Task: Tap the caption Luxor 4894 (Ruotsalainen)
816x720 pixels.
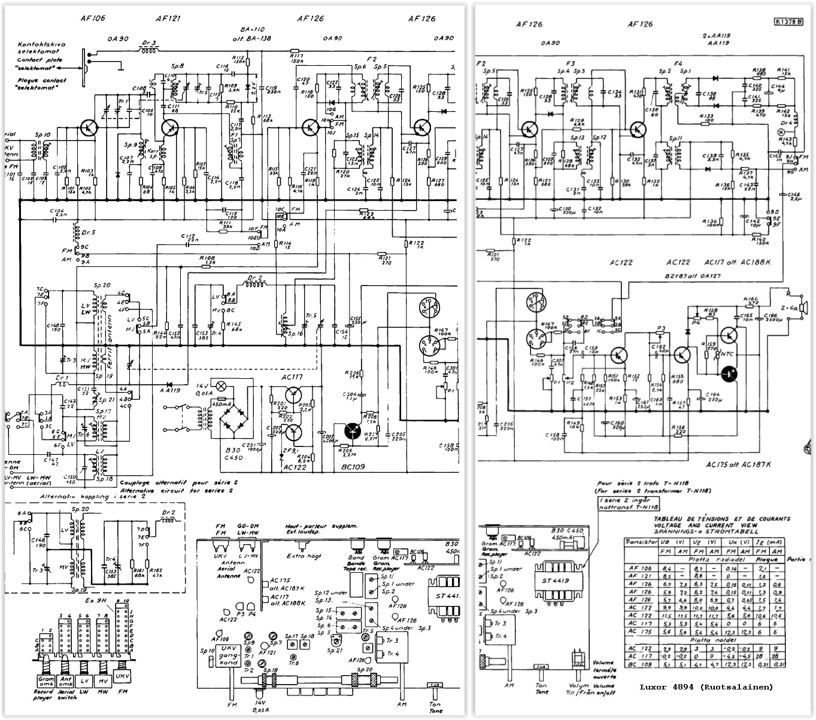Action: pyautogui.click(x=706, y=686)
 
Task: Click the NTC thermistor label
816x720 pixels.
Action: pyautogui.click(x=727, y=353)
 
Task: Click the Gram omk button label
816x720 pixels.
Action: pyautogui.click(x=46, y=681)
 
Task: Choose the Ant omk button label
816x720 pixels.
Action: pyautogui.click(x=65, y=681)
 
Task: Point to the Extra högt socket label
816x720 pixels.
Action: pyautogui.click(x=304, y=556)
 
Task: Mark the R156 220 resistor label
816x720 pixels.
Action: pyautogui.click(x=678, y=430)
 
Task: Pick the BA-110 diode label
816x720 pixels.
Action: pyautogui.click(x=252, y=29)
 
